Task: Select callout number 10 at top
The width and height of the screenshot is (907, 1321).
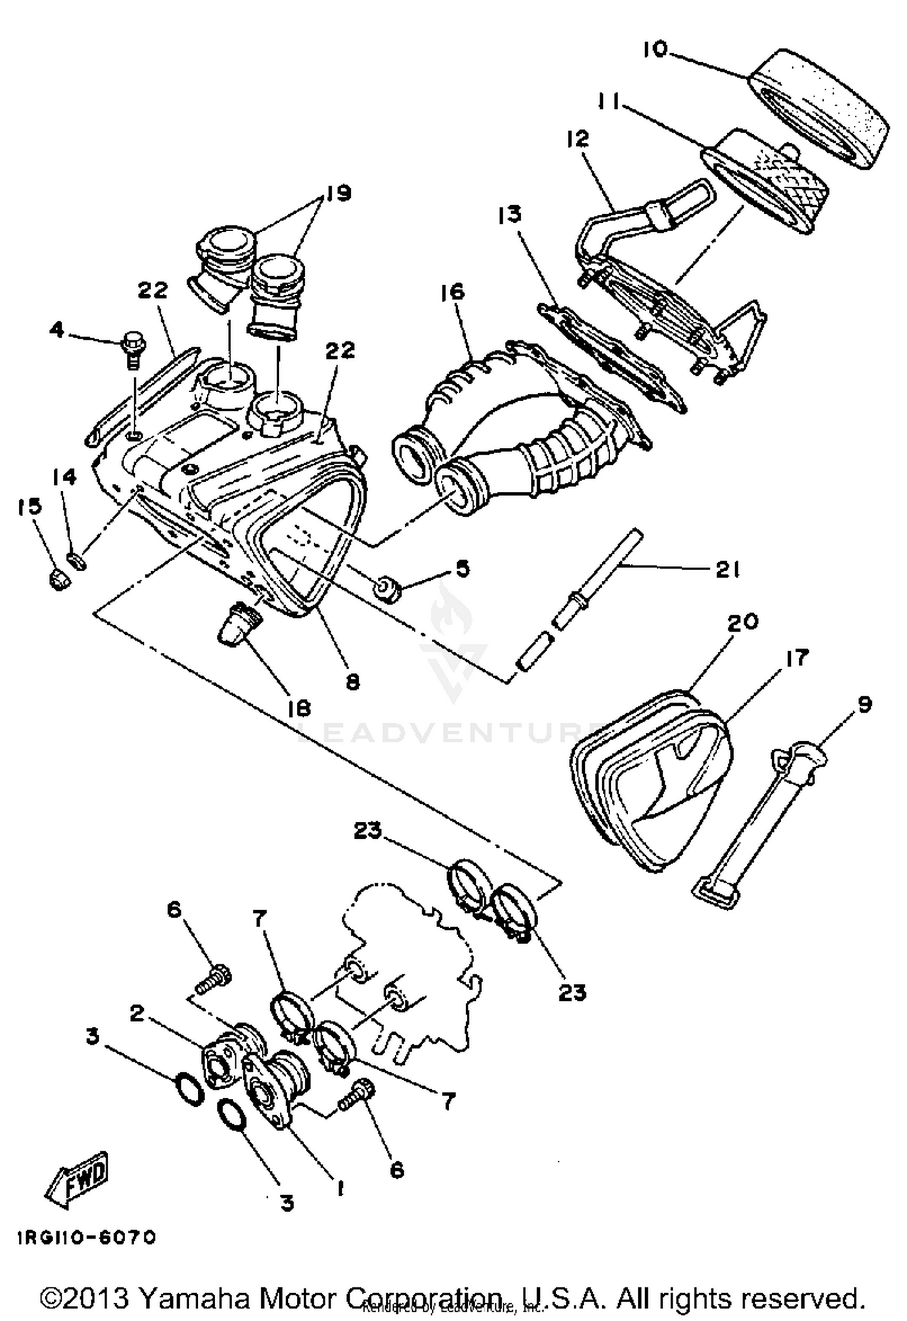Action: coord(654,50)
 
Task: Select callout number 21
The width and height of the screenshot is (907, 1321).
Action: coord(727,569)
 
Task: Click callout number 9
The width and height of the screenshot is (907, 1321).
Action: coord(864,704)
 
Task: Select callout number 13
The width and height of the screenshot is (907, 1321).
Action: coord(510,215)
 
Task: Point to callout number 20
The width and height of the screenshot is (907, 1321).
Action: coord(743,622)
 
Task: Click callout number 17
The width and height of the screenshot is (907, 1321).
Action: coord(796,658)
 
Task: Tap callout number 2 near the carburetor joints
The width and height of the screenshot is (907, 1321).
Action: coord(137,1013)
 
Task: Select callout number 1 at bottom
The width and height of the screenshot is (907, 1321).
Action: coord(340,1189)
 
